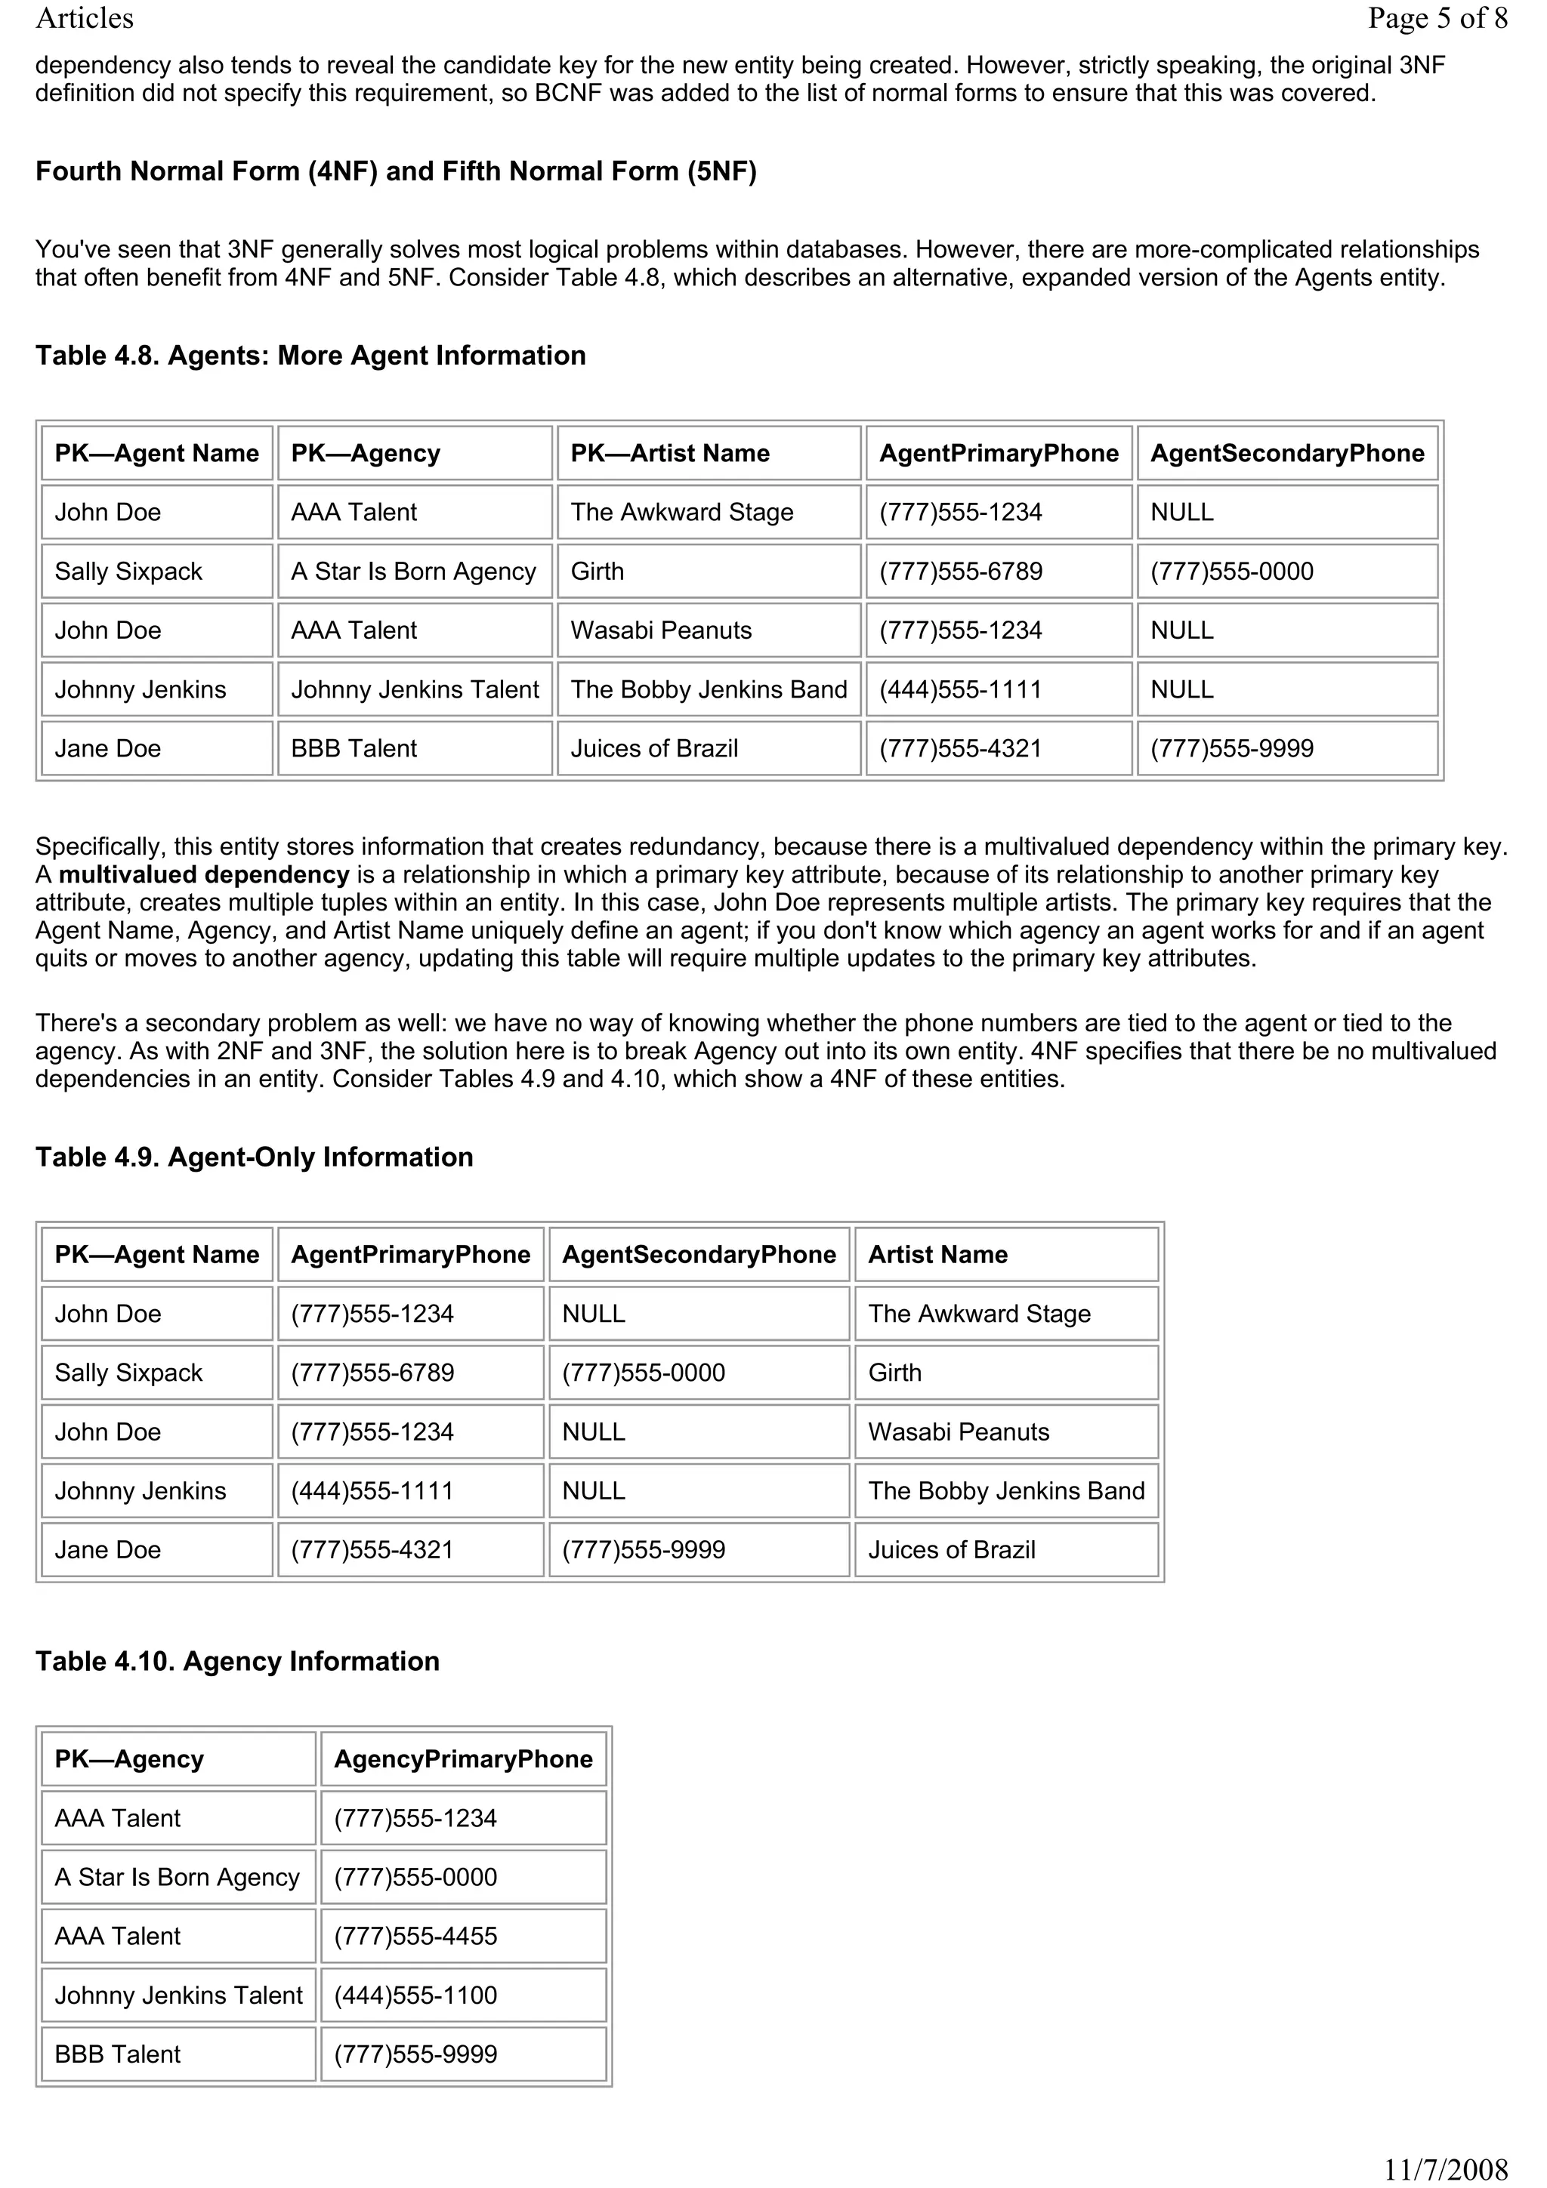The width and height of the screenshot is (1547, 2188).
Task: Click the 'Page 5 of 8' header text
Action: point(1437,18)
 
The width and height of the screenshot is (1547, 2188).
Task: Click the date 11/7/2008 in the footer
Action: point(1445,2170)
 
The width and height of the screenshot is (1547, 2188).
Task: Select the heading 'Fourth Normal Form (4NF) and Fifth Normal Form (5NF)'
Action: point(396,171)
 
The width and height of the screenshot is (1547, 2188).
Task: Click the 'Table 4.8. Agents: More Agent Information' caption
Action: point(310,356)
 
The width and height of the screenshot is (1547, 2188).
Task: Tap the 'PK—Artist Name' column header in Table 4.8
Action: point(669,454)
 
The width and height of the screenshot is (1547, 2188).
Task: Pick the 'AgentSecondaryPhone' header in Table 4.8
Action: point(1287,454)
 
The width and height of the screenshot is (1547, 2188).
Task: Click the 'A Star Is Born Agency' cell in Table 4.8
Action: point(414,572)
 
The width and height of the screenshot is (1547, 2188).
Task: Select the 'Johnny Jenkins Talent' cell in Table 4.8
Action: point(415,690)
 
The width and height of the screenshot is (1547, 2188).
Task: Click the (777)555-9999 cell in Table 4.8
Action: point(1231,749)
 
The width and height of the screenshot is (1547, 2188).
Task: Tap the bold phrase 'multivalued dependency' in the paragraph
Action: point(204,875)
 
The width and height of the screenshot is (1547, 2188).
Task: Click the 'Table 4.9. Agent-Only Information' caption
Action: point(255,1157)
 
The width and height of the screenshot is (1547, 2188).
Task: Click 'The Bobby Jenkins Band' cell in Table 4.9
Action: point(1005,1491)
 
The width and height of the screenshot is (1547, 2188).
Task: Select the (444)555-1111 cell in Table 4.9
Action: point(372,1491)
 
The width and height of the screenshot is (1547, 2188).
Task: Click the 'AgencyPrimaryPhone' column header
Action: point(463,1759)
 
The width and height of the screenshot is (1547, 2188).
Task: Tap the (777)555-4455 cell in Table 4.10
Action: point(415,1937)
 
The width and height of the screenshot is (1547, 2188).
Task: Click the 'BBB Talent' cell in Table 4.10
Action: point(117,2054)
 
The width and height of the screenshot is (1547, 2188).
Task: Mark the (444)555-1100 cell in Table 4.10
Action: point(415,1995)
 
